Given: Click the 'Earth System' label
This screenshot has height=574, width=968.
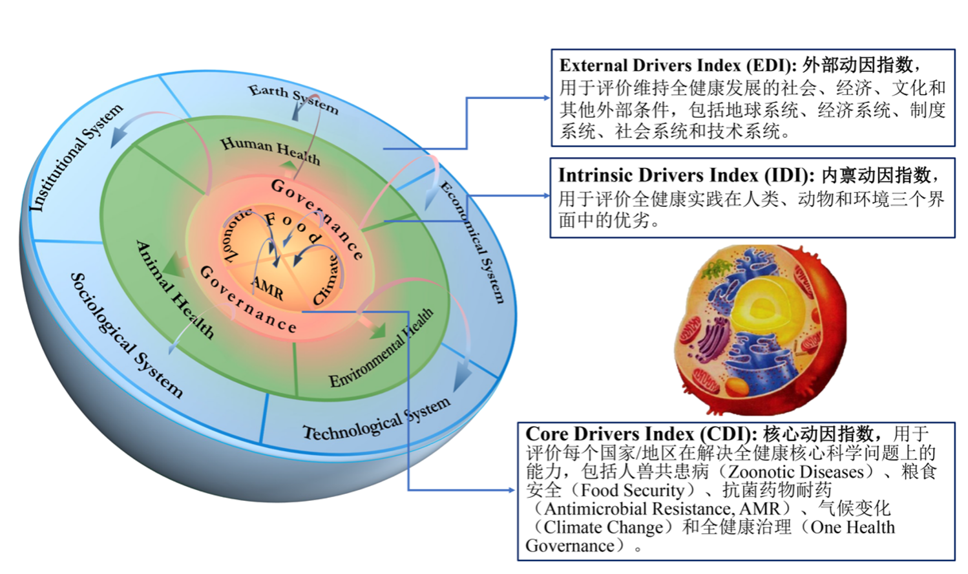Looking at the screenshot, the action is [293, 99].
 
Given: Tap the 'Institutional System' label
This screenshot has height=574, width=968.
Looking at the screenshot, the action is [76, 158].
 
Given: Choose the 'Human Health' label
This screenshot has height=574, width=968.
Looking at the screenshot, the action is [271, 151].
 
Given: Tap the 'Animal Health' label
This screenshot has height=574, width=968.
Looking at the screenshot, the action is [175, 290].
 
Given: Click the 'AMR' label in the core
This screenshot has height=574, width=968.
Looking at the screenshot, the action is [268, 288].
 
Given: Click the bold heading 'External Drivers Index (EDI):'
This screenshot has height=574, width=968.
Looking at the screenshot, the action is [678, 66].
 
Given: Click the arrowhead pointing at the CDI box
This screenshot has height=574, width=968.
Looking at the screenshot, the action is [511, 490].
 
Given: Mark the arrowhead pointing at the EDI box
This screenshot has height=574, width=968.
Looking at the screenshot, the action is [546, 98].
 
